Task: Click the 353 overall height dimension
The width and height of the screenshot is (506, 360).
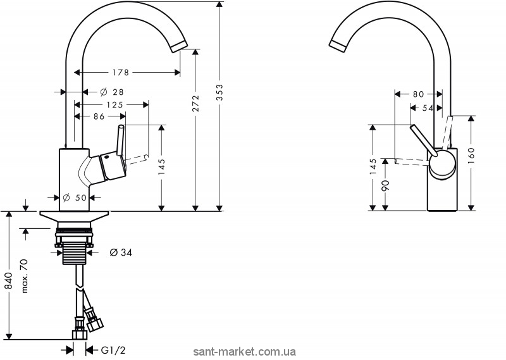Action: coord(219,92)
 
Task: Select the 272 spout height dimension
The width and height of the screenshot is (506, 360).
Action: coord(195,103)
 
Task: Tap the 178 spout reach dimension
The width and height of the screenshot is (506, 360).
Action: coord(121,73)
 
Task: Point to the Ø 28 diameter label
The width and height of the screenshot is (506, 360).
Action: coord(112,92)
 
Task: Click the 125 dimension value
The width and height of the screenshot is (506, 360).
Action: coord(115,104)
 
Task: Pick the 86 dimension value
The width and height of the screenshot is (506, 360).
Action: coord(99,116)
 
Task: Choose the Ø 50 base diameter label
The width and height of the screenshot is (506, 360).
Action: coord(75,197)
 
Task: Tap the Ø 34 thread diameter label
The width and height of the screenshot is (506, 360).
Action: coord(121,252)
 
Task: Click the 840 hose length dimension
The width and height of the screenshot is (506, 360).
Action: coord(8,280)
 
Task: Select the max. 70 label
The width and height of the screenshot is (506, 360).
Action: coord(25,276)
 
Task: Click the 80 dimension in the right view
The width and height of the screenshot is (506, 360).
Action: coord(418,94)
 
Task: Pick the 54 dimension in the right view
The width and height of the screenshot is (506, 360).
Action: coord(428,108)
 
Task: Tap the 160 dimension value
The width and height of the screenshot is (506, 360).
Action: coord(471,156)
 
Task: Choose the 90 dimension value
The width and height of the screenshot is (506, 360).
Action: coord(386,185)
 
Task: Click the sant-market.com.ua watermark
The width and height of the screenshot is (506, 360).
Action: coord(245,352)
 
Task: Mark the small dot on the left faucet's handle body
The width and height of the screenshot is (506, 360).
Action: coord(106,158)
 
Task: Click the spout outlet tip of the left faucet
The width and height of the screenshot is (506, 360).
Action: coord(179,47)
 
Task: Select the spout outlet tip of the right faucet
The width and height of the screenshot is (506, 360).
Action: coord(338,45)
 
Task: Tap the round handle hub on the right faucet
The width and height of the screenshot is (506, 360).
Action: coord(442,164)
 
